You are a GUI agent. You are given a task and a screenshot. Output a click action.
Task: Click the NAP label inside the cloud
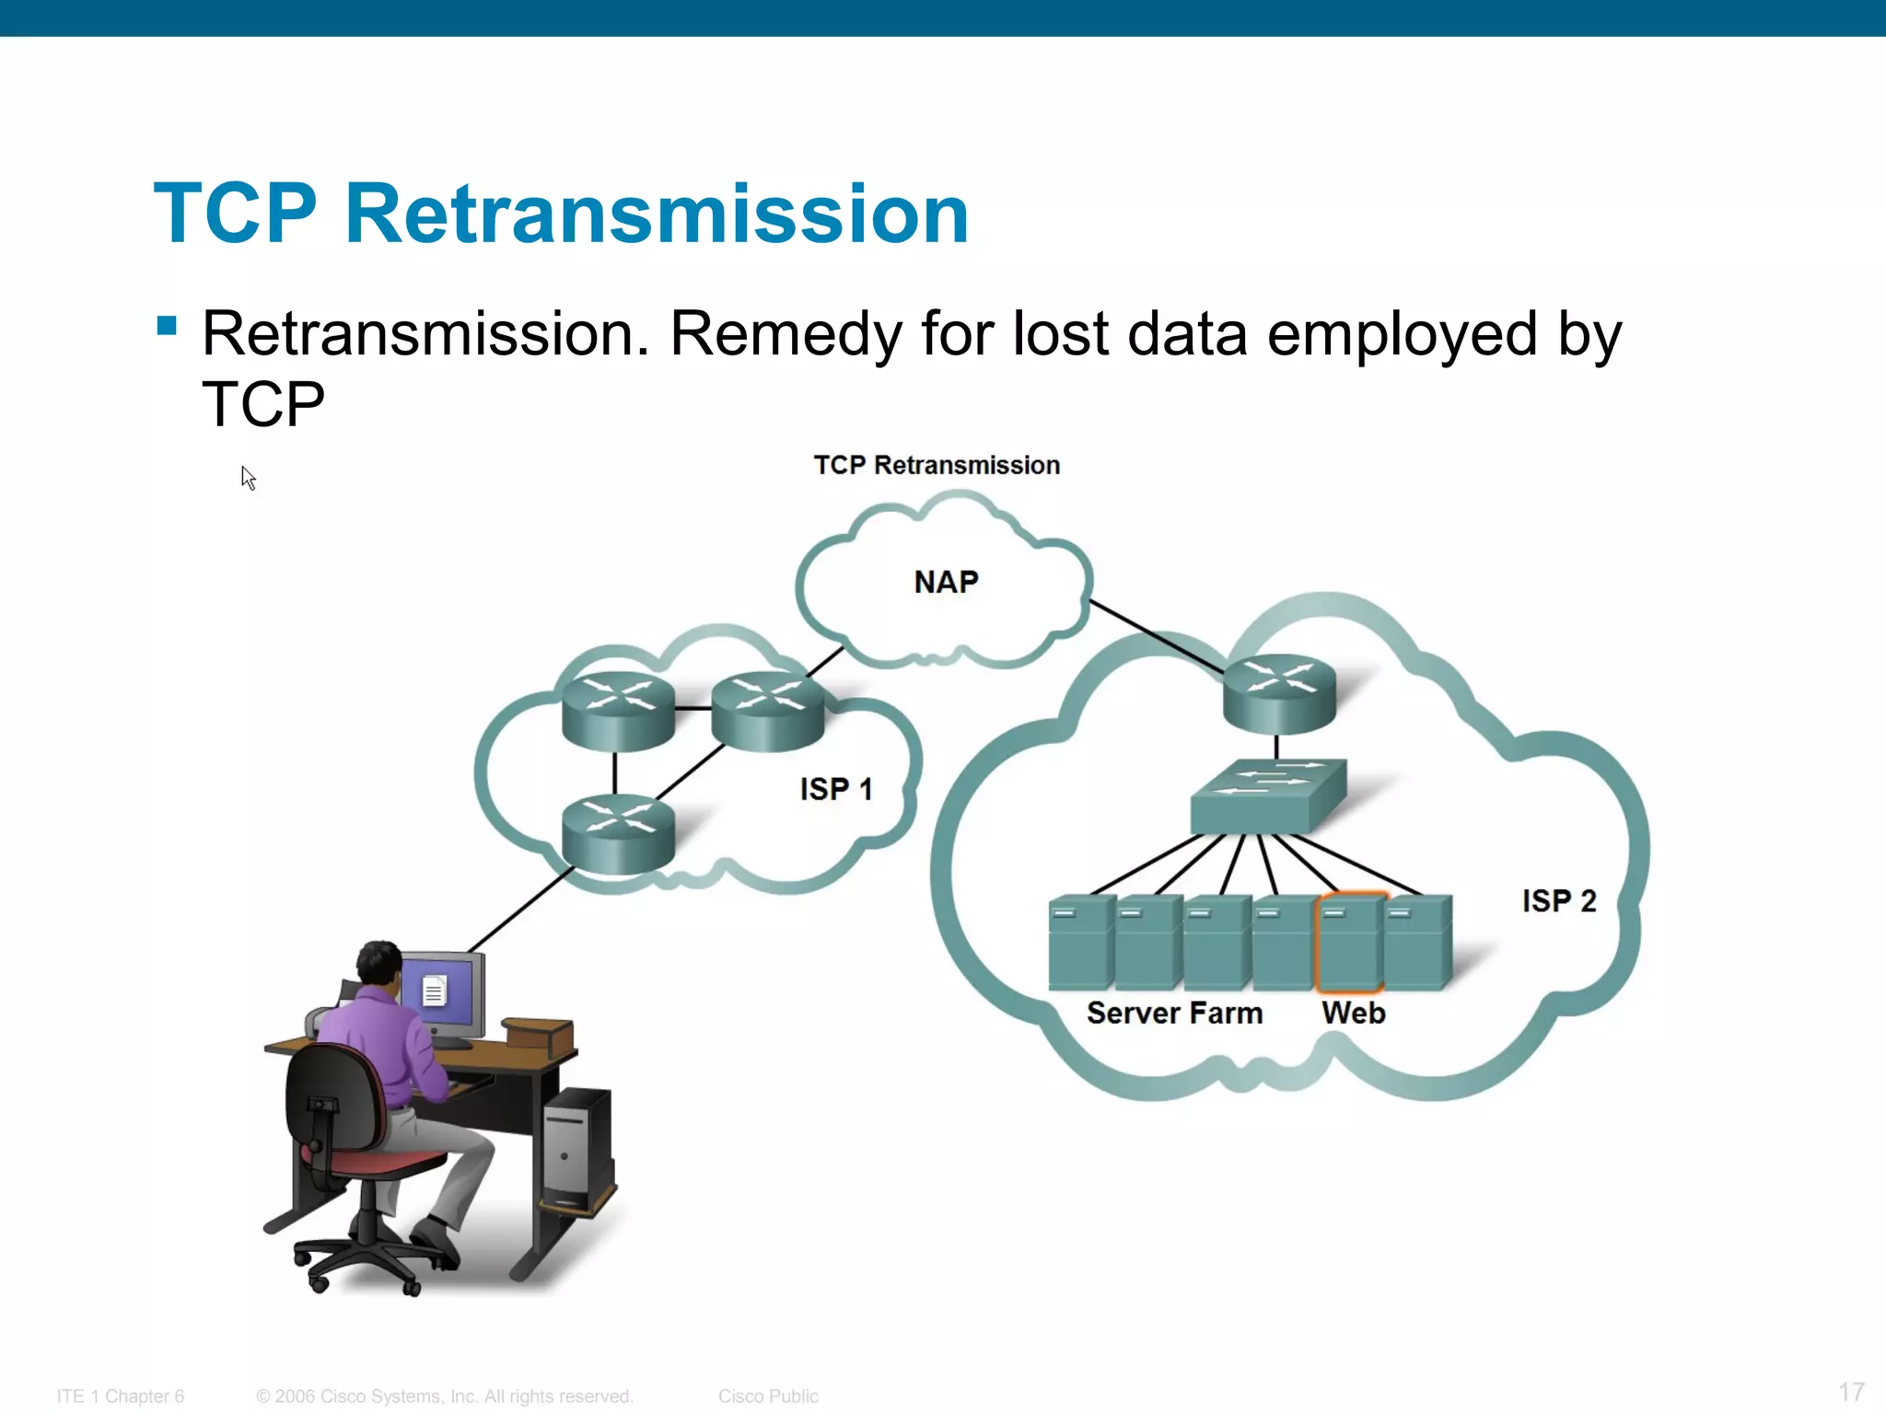[x=946, y=582]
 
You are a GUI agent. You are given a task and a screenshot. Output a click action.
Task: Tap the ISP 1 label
[x=835, y=789]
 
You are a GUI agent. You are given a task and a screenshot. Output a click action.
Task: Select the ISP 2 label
[x=1558, y=900]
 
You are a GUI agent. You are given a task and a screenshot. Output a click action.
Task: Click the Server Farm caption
[x=1174, y=1013]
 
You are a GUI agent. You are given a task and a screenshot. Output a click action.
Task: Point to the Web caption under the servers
[x=1353, y=1013]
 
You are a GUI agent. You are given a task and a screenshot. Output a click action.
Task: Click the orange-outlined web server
[x=1350, y=941]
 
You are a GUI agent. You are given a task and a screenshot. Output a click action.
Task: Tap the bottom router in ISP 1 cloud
[x=618, y=833]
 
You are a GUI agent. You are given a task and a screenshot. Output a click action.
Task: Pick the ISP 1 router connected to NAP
[x=767, y=712]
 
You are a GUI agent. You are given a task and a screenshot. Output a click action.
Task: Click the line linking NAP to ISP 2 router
[x=1157, y=636]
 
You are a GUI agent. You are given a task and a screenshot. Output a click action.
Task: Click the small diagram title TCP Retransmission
[x=937, y=465]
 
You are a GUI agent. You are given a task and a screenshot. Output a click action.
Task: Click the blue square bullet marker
[x=167, y=326]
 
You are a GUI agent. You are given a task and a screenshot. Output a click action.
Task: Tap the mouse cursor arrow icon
[x=248, y=478]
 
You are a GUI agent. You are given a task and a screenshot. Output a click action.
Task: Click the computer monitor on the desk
[x=443, y=994]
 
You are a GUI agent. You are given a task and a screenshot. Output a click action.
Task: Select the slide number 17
[x=1851, y=1391]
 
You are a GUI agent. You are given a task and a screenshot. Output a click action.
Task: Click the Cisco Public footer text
[x=768, y=1396]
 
